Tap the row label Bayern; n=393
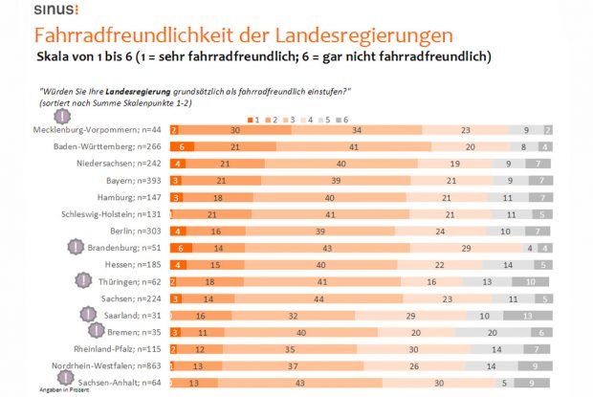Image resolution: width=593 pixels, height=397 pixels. [x=133, y=179]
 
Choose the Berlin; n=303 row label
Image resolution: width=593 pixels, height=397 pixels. [x=132, y=230]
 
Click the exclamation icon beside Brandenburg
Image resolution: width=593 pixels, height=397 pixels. [x=76, y=247]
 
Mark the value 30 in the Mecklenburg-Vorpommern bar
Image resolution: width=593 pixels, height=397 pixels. [x=234, y=129]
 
